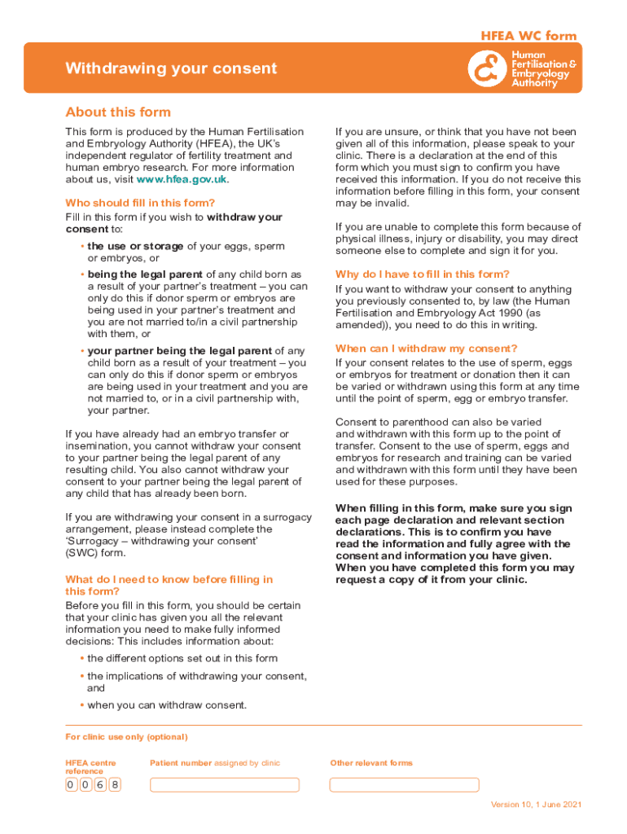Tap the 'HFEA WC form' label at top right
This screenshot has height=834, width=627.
(528, 36)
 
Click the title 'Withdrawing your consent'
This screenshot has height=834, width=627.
(171, 68)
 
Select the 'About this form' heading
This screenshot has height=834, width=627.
(118, 112)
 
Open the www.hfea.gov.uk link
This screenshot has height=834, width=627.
(182, 179)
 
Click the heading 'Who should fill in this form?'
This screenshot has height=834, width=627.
(140, 203)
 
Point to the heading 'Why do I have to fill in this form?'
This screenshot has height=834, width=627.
(423, 274)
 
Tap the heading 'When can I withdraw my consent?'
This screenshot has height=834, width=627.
(426, 348)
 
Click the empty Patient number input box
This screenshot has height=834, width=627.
(225, 785)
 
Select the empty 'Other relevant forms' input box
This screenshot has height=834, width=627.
(404, 785)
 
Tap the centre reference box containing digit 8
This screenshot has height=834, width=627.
(115, 785)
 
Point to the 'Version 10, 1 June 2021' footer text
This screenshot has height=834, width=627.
(536, 805)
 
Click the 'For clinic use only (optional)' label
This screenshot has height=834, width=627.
(126, 737)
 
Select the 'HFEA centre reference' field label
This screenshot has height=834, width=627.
(90, 766)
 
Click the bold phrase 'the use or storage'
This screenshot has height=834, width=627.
(135, 246)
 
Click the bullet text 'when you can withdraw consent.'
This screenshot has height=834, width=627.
(167, 705)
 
